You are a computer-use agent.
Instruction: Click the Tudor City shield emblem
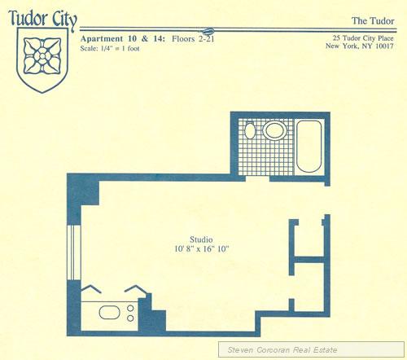pos(42,59)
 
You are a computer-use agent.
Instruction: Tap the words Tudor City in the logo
pos(42,20)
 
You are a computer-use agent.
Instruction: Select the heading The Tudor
pos(373,21)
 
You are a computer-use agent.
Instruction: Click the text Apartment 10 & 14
pos(123,39)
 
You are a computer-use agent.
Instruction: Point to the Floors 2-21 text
pos(193,39)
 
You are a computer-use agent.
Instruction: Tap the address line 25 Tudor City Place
pos(363,38)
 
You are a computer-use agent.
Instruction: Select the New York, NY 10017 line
pos(360,46)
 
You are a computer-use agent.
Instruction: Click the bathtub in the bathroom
pos(309,147)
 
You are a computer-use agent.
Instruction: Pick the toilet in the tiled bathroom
pos(274,130)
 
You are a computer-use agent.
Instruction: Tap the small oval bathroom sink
pos(250,130)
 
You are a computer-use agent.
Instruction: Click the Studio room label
pos(201,239)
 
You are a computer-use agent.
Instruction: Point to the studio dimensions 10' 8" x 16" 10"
pos(202,248)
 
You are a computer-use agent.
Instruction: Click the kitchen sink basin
pos(109,313)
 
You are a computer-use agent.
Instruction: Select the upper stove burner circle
pos(130,308)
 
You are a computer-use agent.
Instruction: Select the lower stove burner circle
pos(130,318)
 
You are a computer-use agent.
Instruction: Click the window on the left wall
pos(74,252)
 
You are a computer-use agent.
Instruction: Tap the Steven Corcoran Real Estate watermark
pos(282,349)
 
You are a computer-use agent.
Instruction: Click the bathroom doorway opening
pos(257,178)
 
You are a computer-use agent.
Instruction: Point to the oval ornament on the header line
pos(209,29)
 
